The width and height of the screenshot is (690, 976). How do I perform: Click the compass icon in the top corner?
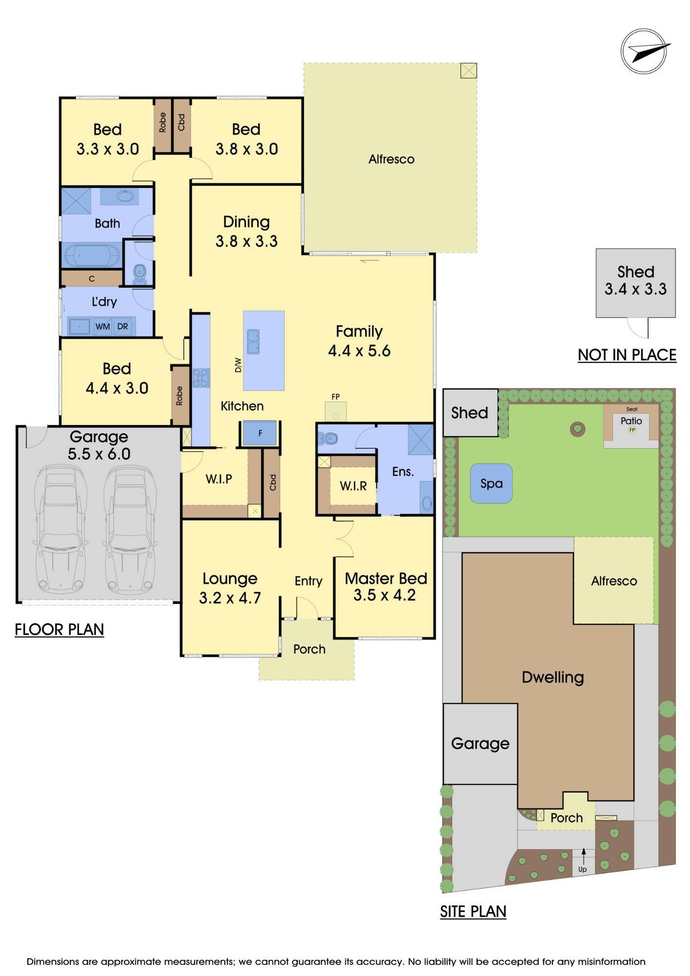point(644,51)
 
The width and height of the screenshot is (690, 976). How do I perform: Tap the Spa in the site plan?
point(491,483)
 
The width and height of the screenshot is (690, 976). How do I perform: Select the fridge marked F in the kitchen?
point(260,433)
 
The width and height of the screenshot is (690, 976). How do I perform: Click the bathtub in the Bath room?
point(92,255)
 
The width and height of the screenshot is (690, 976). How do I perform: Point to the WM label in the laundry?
point(102,326)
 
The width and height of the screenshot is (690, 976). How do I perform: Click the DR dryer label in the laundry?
point(122,326)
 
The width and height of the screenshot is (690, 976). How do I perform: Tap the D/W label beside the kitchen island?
point(238,365)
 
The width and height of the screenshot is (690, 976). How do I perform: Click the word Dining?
point(246,222)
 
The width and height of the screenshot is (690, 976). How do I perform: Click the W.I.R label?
point(353,486)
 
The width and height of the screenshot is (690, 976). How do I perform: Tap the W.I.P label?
point(219,479)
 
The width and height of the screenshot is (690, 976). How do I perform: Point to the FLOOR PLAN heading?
point(59,630)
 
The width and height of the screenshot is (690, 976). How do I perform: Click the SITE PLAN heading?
point(473,911)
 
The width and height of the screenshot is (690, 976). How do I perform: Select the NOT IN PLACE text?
point(627,355)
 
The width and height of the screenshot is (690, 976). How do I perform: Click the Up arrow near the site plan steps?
point(583,856)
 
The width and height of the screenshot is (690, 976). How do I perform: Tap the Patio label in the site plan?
point(631,421)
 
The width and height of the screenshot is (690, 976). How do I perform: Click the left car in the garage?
point(58,529)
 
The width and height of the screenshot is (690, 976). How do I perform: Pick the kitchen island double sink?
point(253,342)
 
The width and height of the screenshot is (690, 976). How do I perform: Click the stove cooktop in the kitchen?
point(201,378)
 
